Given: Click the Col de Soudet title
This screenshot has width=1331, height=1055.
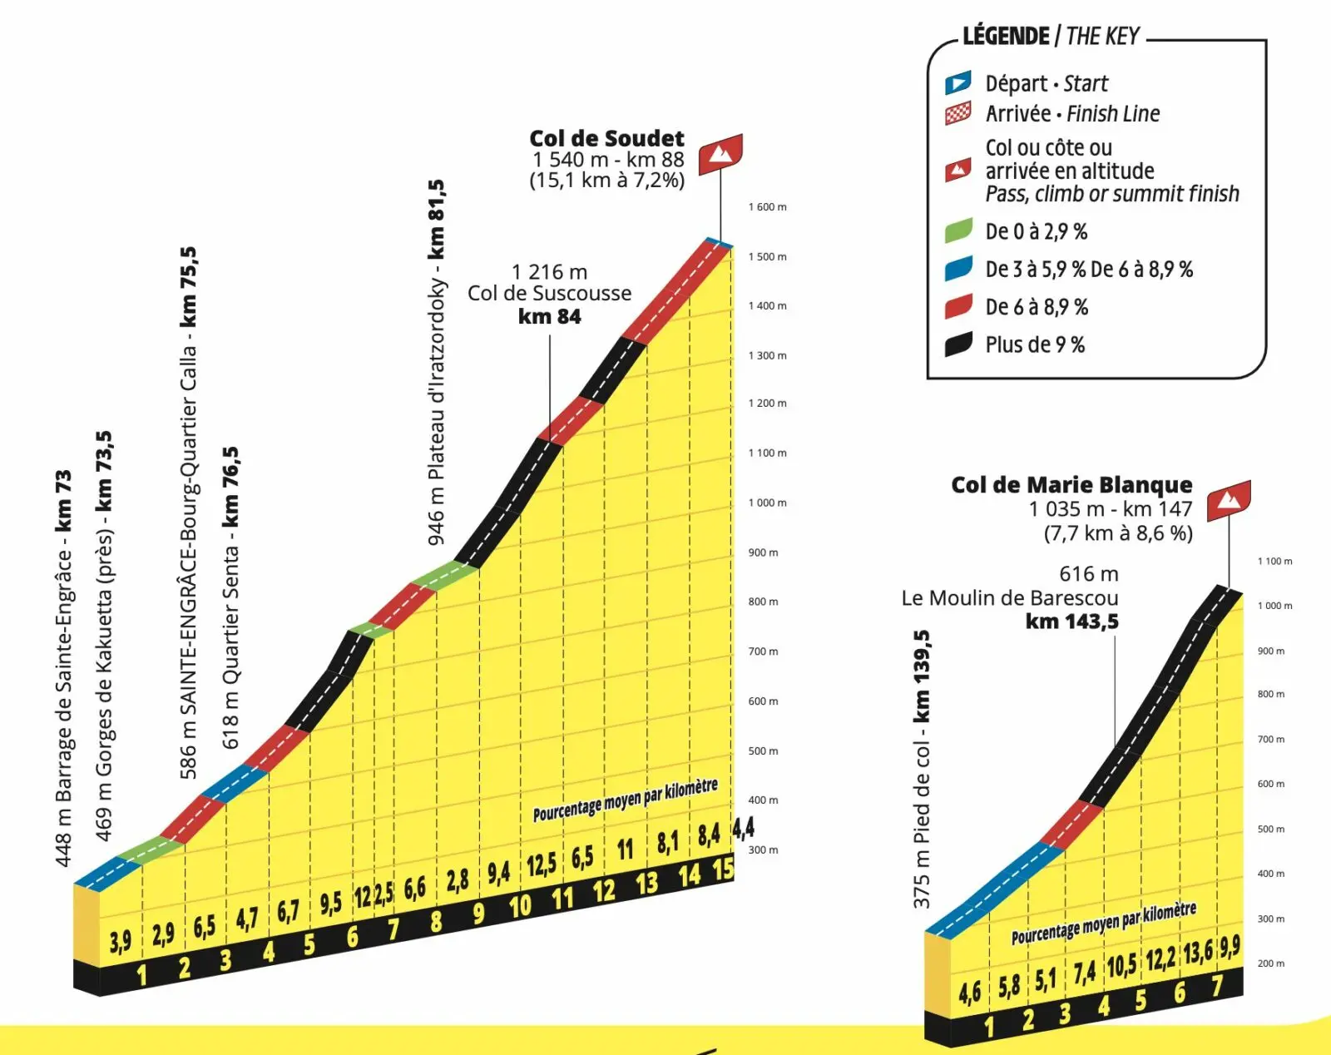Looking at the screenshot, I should pyautogui.click(x=606, y=138).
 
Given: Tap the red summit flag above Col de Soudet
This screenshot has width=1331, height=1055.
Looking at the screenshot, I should pyautogui.click(x=720, y=154).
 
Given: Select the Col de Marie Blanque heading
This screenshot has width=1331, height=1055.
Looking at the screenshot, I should pyautogui.click(x=1071, y=484).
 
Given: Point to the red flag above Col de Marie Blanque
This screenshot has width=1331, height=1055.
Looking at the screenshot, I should pyautogui.click(x=1229, y=500).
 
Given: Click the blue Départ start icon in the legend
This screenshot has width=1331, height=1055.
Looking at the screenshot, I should pyautogui.click(x=957, y=83).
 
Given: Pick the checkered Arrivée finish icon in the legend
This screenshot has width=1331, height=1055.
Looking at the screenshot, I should pyautogui.click(x=957, y=113).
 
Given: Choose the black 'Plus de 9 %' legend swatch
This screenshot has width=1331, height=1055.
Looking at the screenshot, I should pyautogui.click(x=958, y=344).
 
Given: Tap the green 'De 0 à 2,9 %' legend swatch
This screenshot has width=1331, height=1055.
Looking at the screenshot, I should pyautogui.click(x=958, y=230).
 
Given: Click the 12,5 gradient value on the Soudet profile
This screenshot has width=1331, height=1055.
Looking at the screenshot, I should pyautogui.click(x=541, y=865).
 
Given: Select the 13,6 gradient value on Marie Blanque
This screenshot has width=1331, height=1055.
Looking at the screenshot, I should pyautogui.click(x=1198, y=951).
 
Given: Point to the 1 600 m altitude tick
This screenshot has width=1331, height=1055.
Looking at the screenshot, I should pyautogui.click(x=767, y=207).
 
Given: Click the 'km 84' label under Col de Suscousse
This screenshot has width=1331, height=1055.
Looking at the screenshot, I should pyautogui.click(x=549, y=316).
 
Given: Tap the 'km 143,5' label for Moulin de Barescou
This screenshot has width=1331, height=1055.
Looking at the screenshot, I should pyautogui.click(x=1071, y=622).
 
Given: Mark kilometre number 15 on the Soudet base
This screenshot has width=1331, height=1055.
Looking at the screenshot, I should pyautogui.click(x=723, y=869).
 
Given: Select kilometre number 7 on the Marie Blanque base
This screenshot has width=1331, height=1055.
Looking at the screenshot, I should pyautogui.click(x=1216, y=986).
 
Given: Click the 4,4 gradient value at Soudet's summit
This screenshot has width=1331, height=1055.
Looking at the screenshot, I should pyautogui.click(x=743, y=828).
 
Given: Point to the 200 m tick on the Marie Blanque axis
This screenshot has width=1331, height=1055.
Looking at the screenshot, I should pyautogui.click(x=1270, y=963).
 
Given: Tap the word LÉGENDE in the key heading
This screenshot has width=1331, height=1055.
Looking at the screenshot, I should pyautogui.click(x=1006, y=37).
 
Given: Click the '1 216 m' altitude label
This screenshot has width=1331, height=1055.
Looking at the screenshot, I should pyautogui.click(x=549, y=272).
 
